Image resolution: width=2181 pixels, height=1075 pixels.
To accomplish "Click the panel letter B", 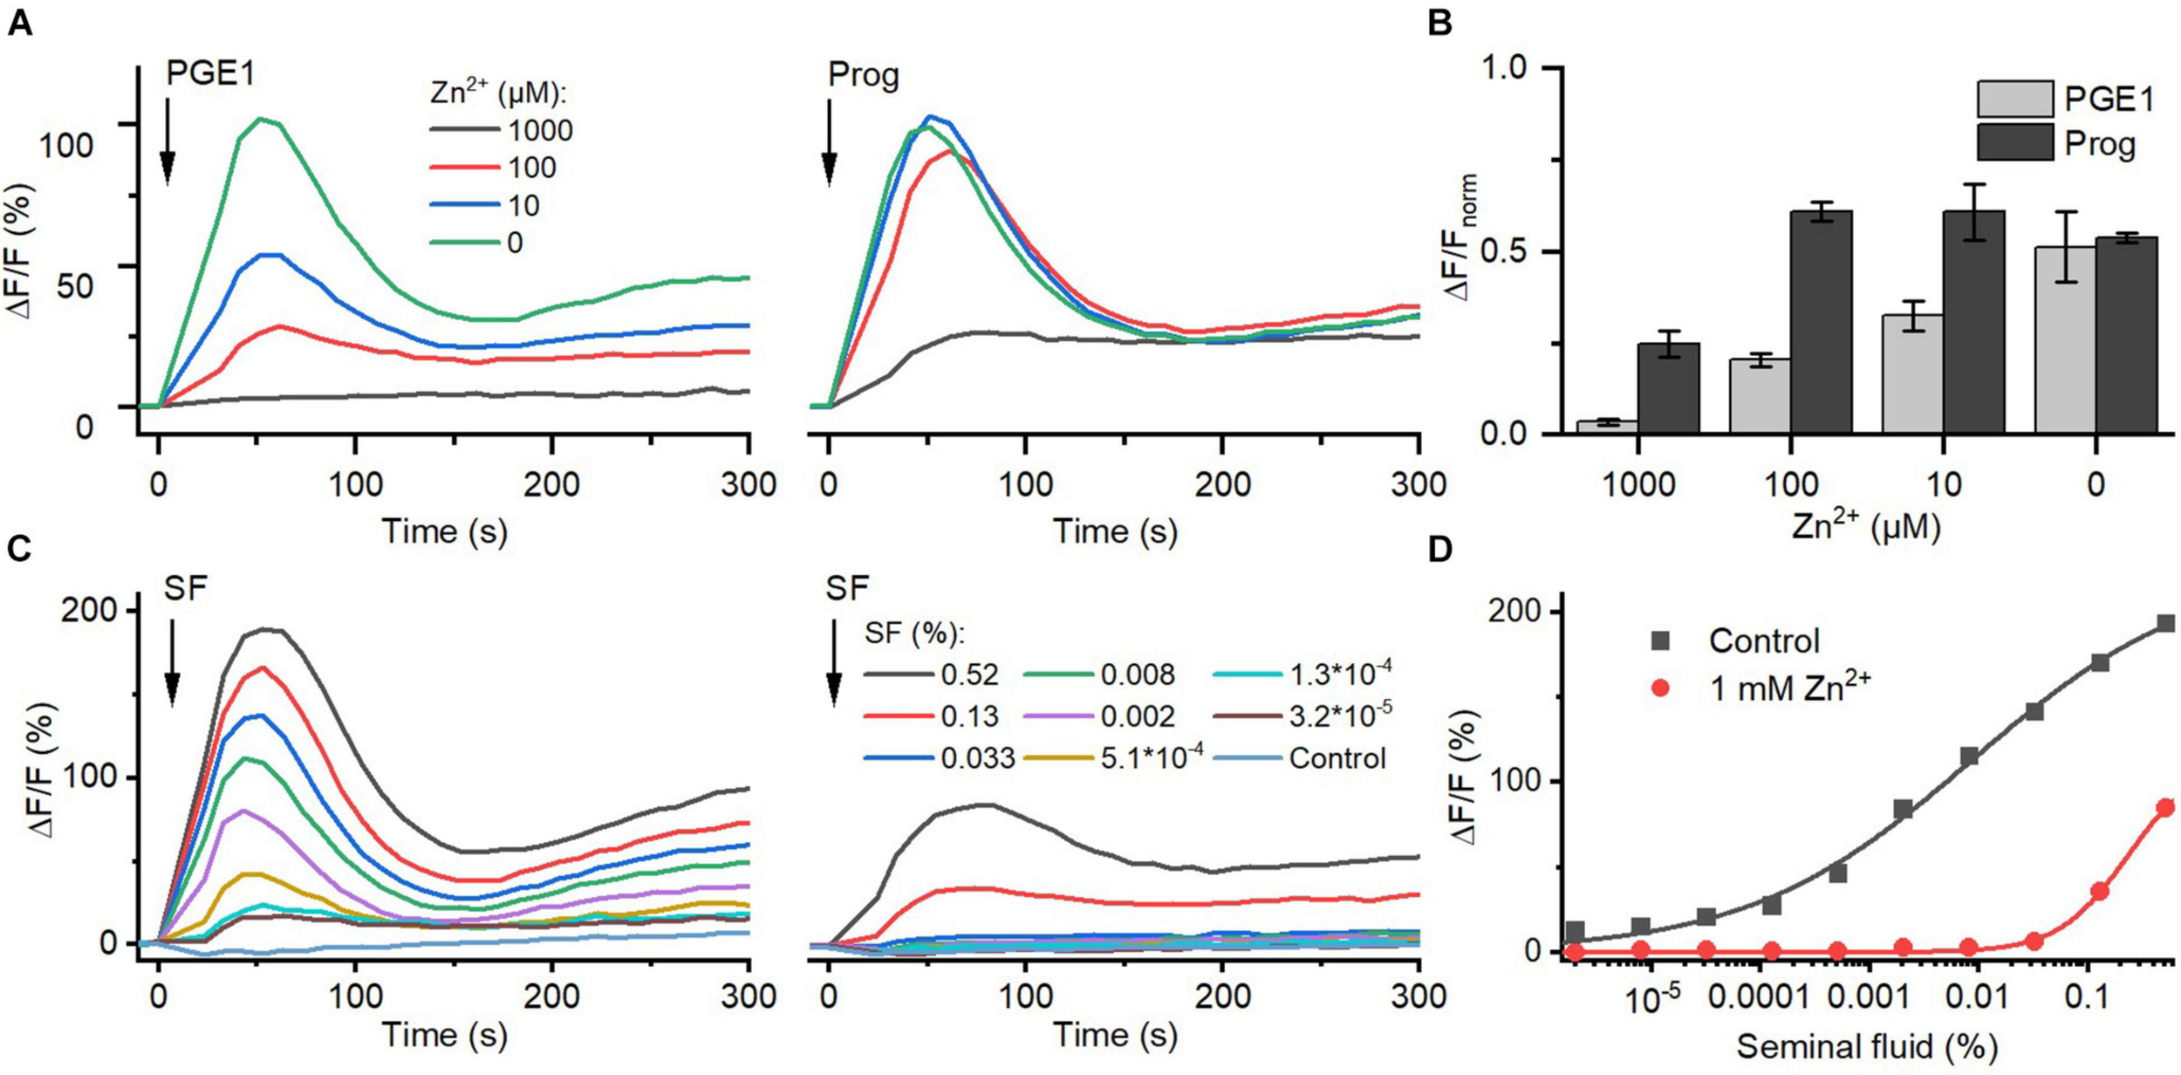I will (1440, 23).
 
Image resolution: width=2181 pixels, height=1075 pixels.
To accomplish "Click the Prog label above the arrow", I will (863, 75).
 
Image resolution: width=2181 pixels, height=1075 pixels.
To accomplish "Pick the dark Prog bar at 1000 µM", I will (1668, 388).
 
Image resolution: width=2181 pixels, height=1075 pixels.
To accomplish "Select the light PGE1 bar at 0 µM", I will (2065, 340).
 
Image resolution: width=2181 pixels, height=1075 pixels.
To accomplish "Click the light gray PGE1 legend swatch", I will (2014, 99).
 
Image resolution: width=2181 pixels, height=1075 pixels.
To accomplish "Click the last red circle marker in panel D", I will (2164, 808).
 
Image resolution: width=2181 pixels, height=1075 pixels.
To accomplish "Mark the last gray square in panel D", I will (2164, 623).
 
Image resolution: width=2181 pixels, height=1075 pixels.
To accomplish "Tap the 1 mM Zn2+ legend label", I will (1789, 688).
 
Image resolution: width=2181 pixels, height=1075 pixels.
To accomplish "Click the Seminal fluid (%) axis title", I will (1866, 1045).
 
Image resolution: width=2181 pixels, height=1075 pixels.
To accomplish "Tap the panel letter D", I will (1440, 549).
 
